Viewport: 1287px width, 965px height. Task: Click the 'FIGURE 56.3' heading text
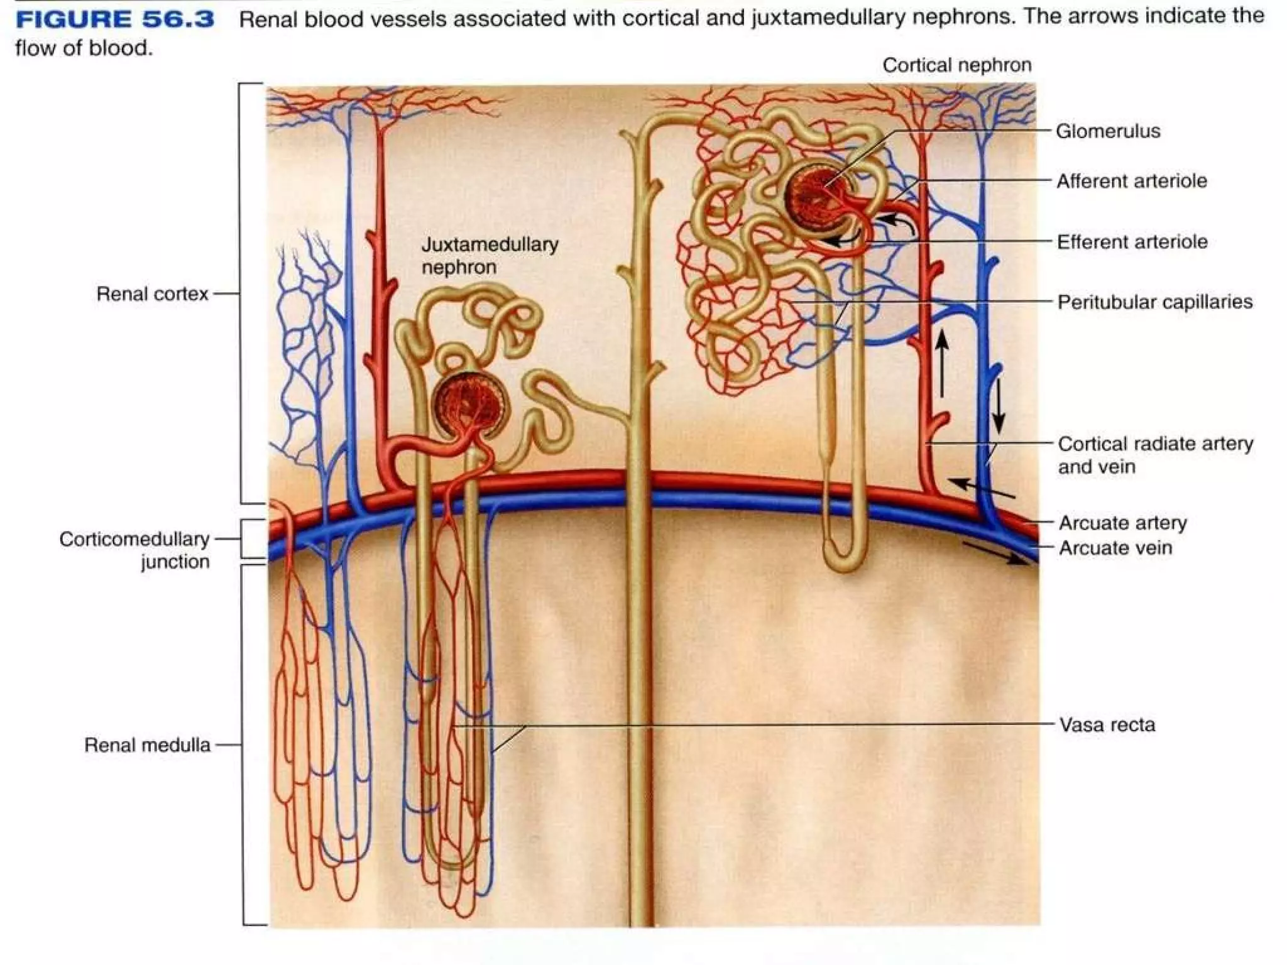click(115, 19)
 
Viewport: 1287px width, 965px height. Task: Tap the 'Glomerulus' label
click(1107, 131)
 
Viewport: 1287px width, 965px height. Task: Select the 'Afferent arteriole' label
click(1131, 181)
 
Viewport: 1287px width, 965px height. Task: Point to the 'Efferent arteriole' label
click(1132, 242)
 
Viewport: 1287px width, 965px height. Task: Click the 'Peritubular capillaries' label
click(1154, 302)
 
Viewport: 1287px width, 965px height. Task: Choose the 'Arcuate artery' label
click(1122, 523)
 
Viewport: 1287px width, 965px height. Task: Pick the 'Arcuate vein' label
click(1115, 548)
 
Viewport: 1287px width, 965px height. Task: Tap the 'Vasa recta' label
click(1107, 725)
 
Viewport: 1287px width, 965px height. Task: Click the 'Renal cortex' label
click(152, 294)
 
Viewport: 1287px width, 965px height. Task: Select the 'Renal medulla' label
click(147, 745)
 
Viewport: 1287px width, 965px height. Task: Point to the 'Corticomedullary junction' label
click(135, 550)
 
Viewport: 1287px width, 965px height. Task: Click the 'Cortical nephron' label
click(956, 65)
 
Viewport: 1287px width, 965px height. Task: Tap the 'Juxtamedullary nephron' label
click(489, 256)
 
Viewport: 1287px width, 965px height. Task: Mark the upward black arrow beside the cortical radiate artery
click(941, 363)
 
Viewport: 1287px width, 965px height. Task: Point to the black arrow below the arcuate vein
click(996, 553)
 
